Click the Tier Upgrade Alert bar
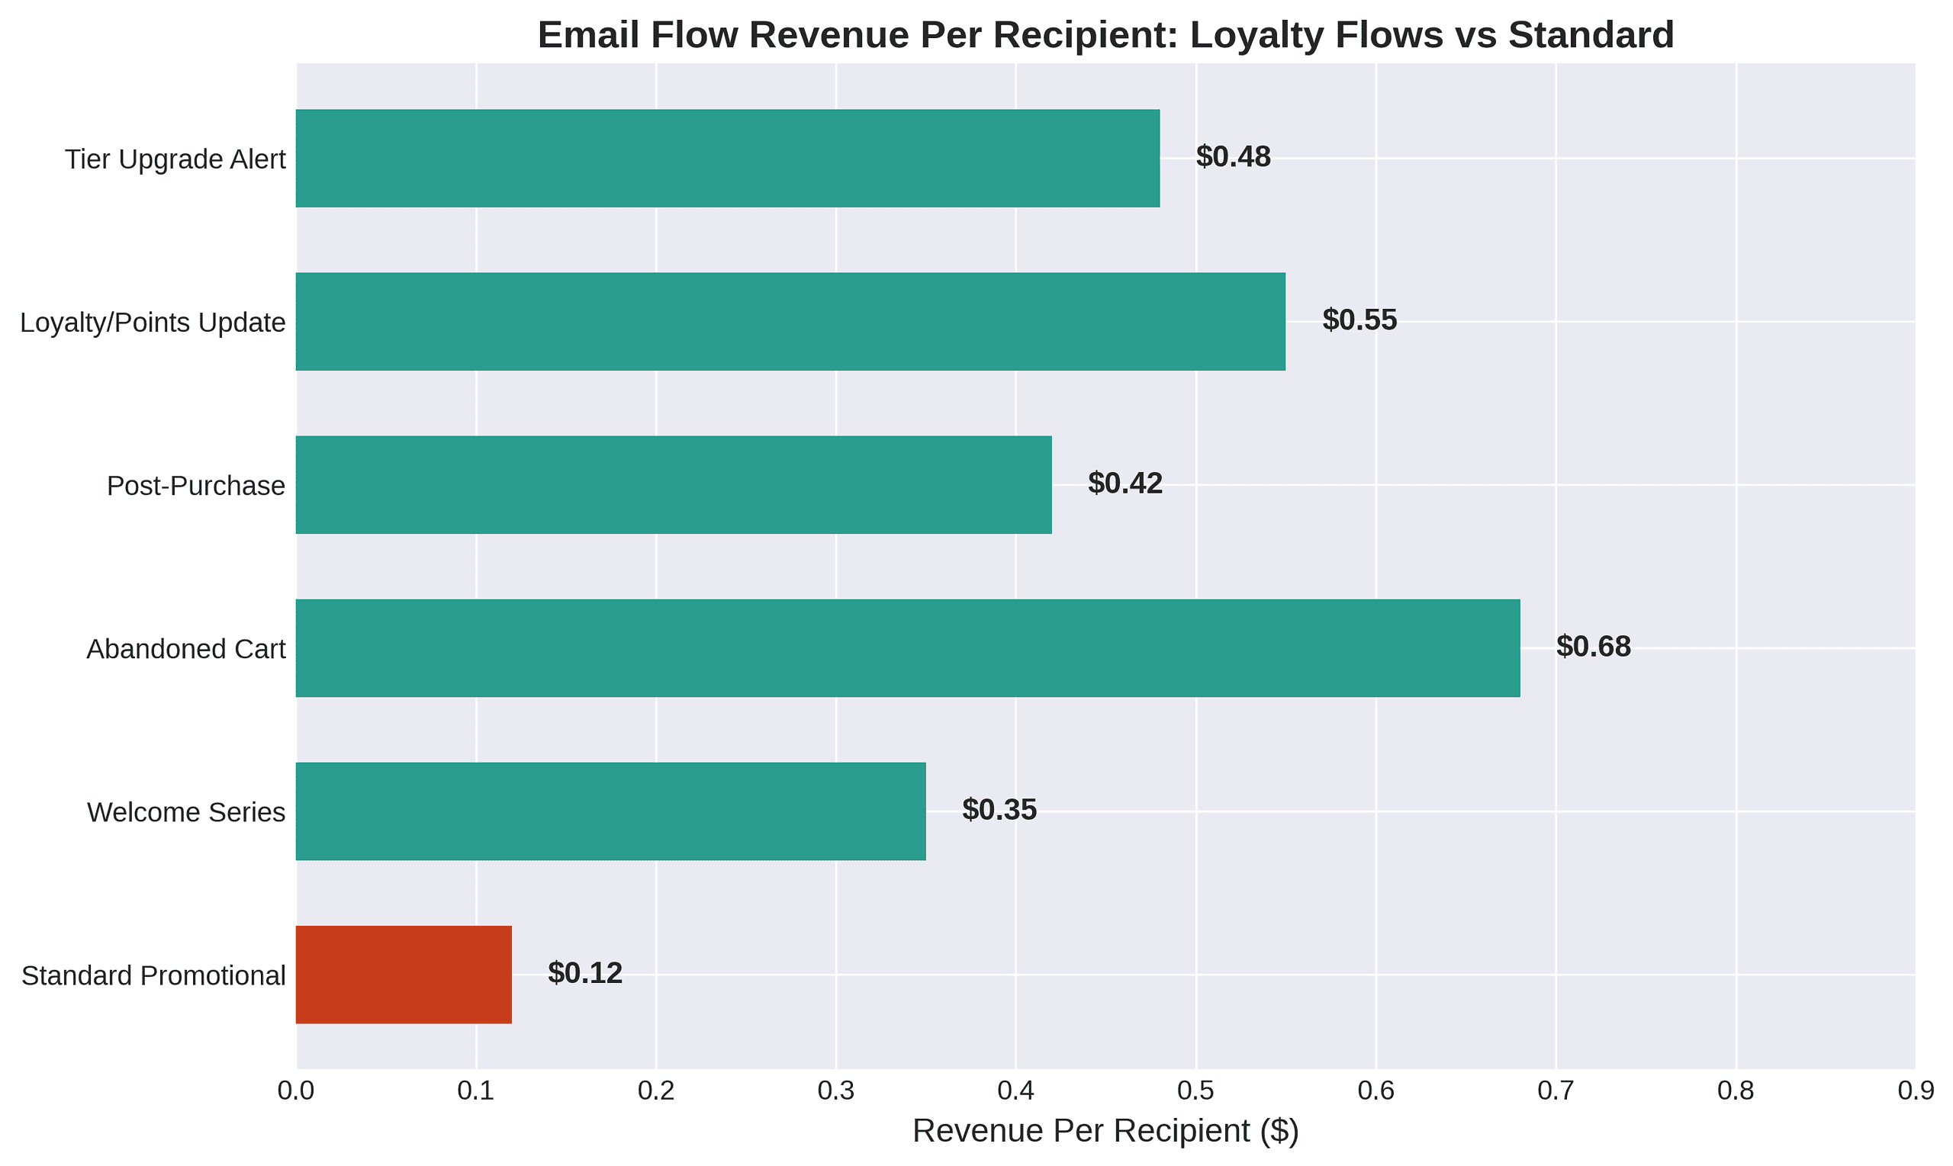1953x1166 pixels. point(727,158)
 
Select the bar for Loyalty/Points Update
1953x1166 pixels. point(790,321)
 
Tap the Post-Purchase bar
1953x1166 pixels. point(673,485)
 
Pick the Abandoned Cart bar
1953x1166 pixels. point(907,648)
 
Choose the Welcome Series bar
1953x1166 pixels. point(610,811)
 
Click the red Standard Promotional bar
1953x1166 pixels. point(403,975)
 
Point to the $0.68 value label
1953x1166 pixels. point(1593,647)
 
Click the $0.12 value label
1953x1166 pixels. point(584,974)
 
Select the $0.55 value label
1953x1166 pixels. point(1359,320)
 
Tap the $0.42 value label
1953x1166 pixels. point(1125,484)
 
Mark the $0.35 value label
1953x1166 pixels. point(999,810)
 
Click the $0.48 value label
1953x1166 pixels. point(1232,157)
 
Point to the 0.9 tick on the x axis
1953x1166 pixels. point(1916,1092)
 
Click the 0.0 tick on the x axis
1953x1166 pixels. point(296,1092)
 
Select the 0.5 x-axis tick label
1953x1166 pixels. point(1195,1092)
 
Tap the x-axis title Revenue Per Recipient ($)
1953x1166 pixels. point(1105,1132)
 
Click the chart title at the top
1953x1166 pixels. point(1105,35)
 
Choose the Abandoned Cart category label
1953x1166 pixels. point(185,650)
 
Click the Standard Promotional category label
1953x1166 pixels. point(153,976)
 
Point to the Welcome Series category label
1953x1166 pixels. point(185,812)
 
